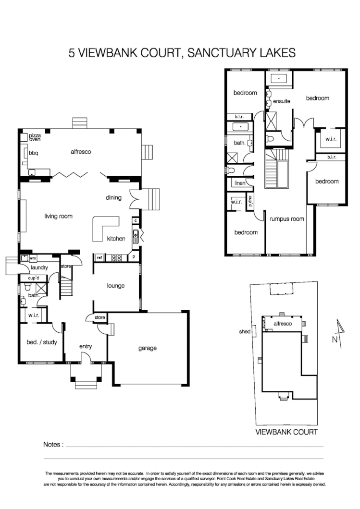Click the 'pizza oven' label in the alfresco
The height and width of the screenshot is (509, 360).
(x=35, y=138)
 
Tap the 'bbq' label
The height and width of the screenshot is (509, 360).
(x=34, y=153)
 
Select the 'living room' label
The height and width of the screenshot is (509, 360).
(x=58, y=216)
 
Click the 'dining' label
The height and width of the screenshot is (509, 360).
(x=114, y=197)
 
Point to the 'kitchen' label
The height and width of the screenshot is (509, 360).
(x=116, y=239)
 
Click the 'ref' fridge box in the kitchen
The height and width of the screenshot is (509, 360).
(x=99, y=258)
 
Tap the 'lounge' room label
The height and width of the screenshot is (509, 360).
(x=116, y=286)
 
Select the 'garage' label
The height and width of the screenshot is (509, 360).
(x=147, y=348)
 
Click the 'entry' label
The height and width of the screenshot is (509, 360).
(x=86, y=346)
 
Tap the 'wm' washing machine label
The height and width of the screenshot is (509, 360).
(x=33, y=258)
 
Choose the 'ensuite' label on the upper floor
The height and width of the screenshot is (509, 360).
(x=281, y=102)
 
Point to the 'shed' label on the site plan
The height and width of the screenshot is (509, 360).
(x=245, y=332)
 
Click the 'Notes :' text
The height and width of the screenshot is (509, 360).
(x=53, y=445)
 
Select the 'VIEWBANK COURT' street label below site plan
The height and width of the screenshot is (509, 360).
(x=286, y=432)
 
